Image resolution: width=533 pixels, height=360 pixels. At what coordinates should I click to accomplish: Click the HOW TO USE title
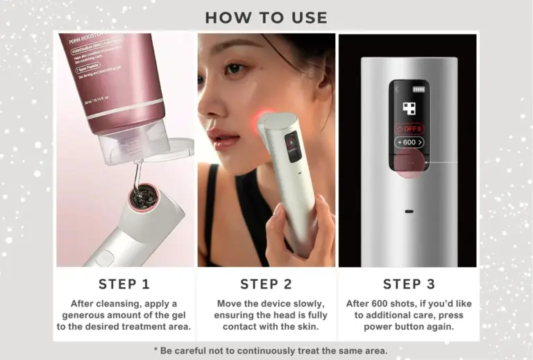(x=266, y=17)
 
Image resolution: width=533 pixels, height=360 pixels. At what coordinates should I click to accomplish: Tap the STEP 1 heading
(x=124, y=284)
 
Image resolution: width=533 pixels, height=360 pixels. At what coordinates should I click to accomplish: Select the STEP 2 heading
(x=266, y=284)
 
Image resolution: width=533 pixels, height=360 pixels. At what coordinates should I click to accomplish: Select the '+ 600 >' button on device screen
(x=409, y=142)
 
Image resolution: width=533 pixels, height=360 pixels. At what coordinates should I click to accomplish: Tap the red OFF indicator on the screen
(x=409, y=128)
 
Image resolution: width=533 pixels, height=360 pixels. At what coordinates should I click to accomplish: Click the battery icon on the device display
(x=418, y=89)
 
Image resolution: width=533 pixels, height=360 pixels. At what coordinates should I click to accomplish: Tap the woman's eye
(x=235, y=69)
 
